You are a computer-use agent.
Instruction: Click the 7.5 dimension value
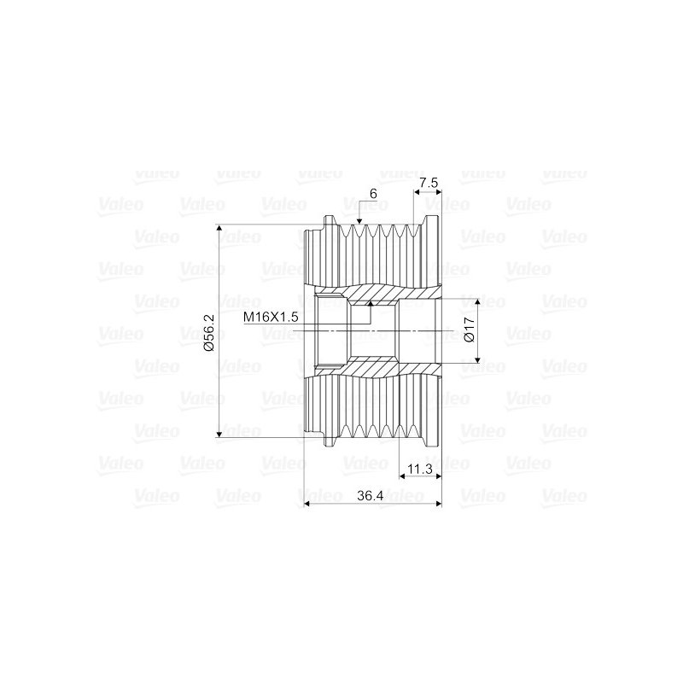(429, 183)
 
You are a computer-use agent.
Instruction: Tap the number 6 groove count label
(373, 194)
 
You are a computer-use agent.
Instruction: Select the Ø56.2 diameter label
(209, 332)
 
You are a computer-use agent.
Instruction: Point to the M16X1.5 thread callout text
(271, 317)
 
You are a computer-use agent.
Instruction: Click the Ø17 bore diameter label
(470, 330)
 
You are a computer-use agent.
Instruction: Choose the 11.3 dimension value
(420, 469)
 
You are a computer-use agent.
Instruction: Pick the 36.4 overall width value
(370, 496)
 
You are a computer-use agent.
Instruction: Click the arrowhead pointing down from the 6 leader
(359, 221)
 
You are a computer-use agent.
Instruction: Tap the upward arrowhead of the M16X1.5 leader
(371, 304)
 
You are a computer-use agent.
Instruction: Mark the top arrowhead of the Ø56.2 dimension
(219, 229)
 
